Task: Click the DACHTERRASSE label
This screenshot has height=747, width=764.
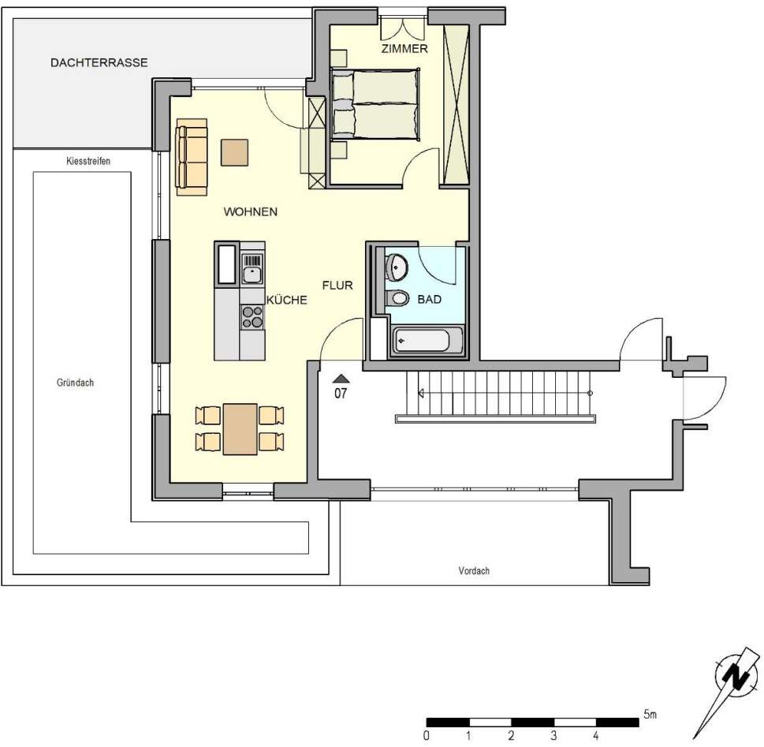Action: (99, 62)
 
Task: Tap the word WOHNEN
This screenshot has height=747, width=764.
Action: (250, 212)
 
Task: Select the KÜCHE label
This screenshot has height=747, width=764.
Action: (286, 301)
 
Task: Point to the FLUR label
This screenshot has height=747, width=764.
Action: (337, 286)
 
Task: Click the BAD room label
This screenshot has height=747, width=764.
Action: (429, 300)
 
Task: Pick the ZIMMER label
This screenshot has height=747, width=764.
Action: (404, 49)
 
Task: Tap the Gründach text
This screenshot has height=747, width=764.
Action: (76, 382)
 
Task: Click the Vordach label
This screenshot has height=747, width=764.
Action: (474, 570)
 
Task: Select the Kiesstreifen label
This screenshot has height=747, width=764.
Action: (88, 161)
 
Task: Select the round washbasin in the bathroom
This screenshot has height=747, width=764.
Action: (396, 267)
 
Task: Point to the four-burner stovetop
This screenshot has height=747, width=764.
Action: (252, 316)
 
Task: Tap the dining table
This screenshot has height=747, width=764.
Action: (240, 429)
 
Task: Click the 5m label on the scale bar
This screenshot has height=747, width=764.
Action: (650, 715)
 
